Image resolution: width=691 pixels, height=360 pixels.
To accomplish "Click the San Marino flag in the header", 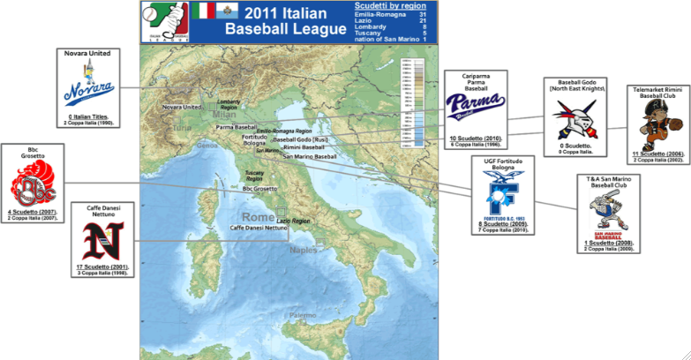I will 227,11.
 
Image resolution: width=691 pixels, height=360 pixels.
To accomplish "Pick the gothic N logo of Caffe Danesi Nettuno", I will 103,240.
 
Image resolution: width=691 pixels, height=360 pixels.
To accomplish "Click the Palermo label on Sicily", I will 300,315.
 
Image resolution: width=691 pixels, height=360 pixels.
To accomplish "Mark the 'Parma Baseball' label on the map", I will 234,127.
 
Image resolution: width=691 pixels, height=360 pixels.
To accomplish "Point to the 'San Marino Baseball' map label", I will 310,156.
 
